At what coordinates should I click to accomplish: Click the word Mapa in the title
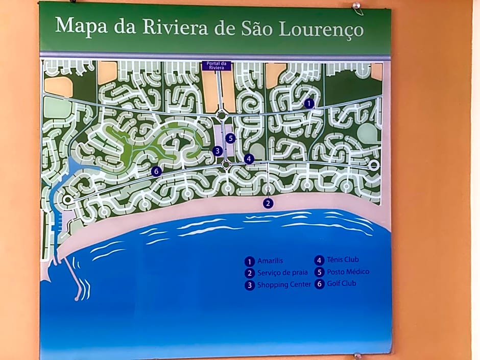tap(82, 26)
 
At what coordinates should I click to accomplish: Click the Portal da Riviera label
tap(217, 65)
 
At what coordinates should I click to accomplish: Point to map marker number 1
tap(308, 103)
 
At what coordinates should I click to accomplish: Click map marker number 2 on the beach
tap(268, 203)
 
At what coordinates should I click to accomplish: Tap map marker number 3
tap(218, 151)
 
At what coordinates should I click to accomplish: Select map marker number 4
tap(249, 159)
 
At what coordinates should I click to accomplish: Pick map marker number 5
tap(231, 138)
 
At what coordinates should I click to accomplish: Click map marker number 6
tap(157, 172)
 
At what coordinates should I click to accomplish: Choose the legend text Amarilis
tap(270, 261)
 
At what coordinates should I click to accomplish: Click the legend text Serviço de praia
tap(282, 273)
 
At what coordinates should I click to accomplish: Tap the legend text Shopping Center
tap(284, 285)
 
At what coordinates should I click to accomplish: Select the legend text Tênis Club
tap(344, 260)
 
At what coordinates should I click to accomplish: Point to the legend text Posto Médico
tap(348, 272)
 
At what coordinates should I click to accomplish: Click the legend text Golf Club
tap(342, 283)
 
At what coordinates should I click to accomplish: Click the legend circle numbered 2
tap(250, 273)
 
